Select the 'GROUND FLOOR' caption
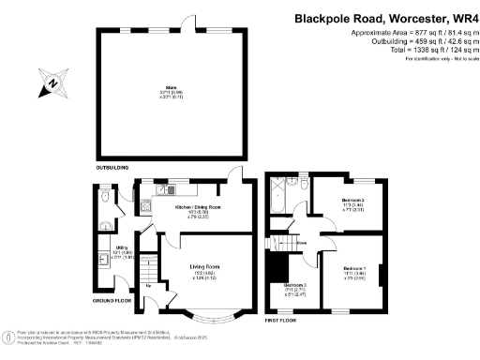[112, 302]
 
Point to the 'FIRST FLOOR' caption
[282, 320]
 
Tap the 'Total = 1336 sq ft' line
[413, 51]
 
